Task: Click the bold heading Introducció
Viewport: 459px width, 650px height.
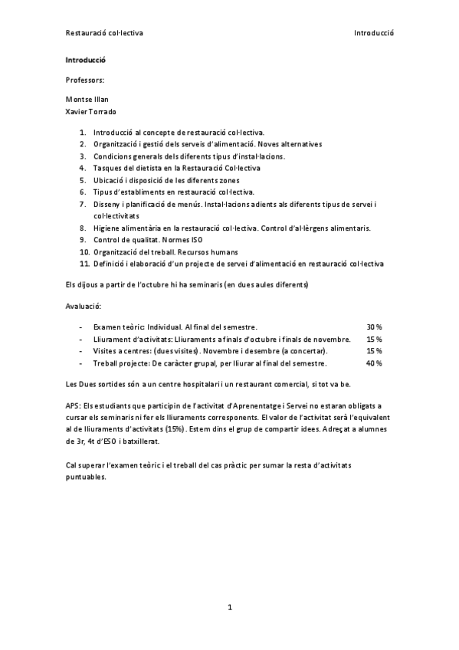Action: pyautogui.click(x=86, y=60)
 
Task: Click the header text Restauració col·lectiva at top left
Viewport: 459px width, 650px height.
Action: pyautogui.click(x=104, y=34)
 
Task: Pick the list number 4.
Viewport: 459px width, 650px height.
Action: pyautogui.click(x=83, y=168)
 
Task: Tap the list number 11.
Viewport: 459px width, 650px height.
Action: pyautogui.click(x=84, y=264)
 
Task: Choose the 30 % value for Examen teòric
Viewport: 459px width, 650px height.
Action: pyautogui.click(x=374, y=327)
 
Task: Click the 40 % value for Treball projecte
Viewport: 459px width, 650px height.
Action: pyautogui.click(x=374, y=363)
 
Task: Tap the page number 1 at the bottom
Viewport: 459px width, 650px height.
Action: pyautogui.click(x=230, y=607)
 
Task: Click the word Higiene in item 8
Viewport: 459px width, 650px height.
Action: pyautogui.click(x=107, y=228)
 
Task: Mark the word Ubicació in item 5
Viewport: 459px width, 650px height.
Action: pyautogui.click(x=110, y=180)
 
